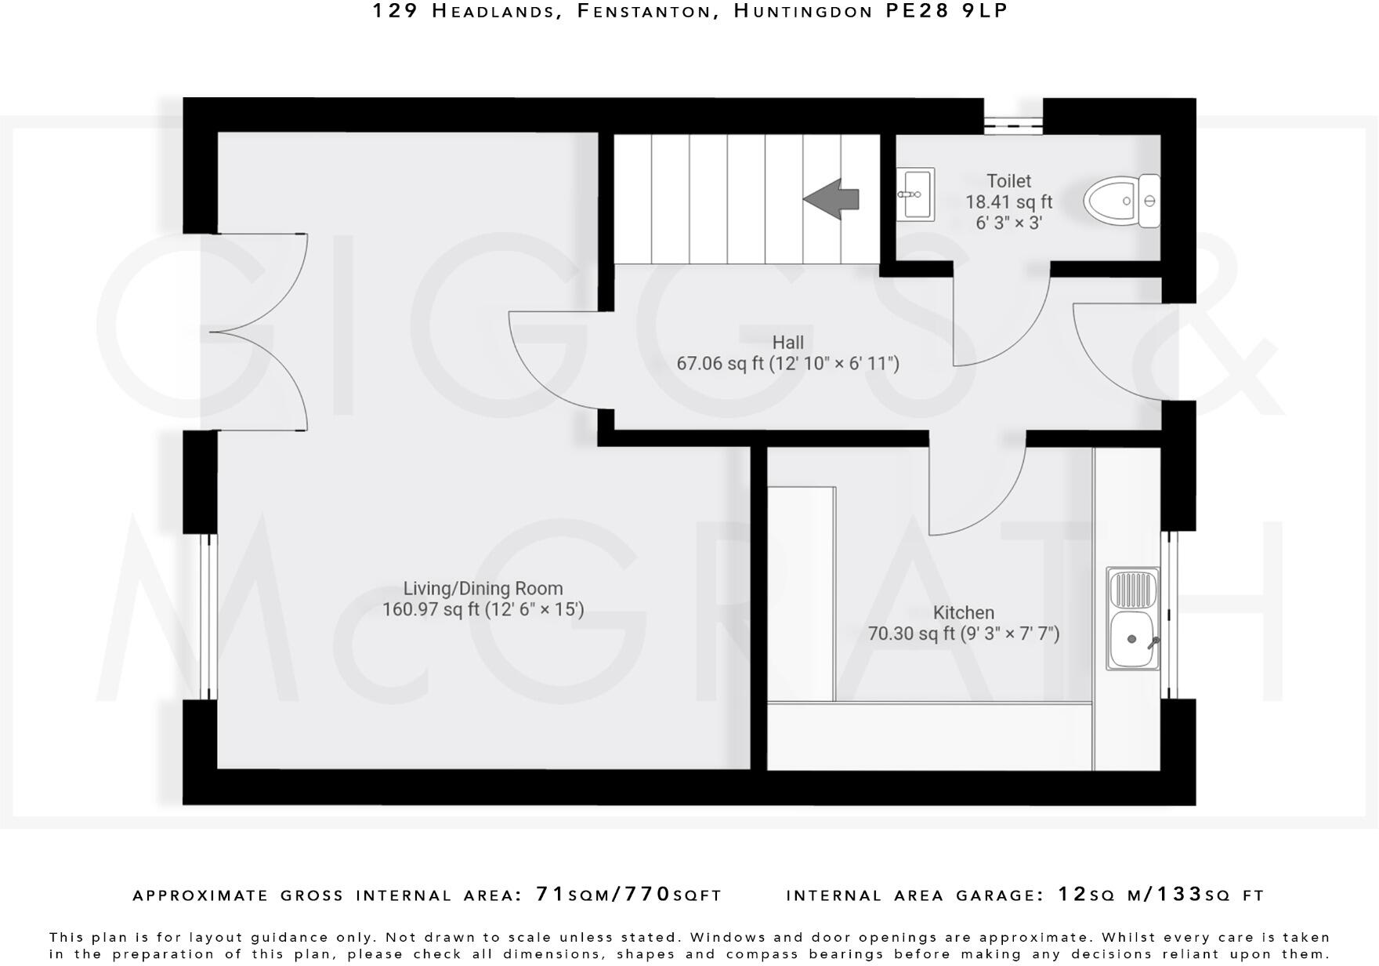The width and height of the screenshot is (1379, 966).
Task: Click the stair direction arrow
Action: click(832, 199)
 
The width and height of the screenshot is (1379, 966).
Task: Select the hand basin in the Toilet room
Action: click(914, 193)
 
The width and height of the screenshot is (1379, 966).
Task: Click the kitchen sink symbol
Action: click(1132, 619)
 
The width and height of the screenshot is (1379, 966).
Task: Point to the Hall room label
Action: click(787, 343)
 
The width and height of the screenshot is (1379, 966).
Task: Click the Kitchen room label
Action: click(963, 613)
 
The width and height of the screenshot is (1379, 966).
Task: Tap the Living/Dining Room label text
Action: click(483, 588)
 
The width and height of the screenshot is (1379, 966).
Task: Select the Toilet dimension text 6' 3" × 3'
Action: click(1008, 223)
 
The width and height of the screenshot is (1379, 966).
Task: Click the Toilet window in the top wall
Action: click(1013, 122)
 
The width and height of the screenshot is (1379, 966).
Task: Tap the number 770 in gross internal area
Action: click(647, 894)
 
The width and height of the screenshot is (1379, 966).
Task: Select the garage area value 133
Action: click(1178, 894)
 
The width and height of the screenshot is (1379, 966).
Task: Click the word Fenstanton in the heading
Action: click(646, 11)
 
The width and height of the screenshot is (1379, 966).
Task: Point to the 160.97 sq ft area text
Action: click(429, 609)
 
